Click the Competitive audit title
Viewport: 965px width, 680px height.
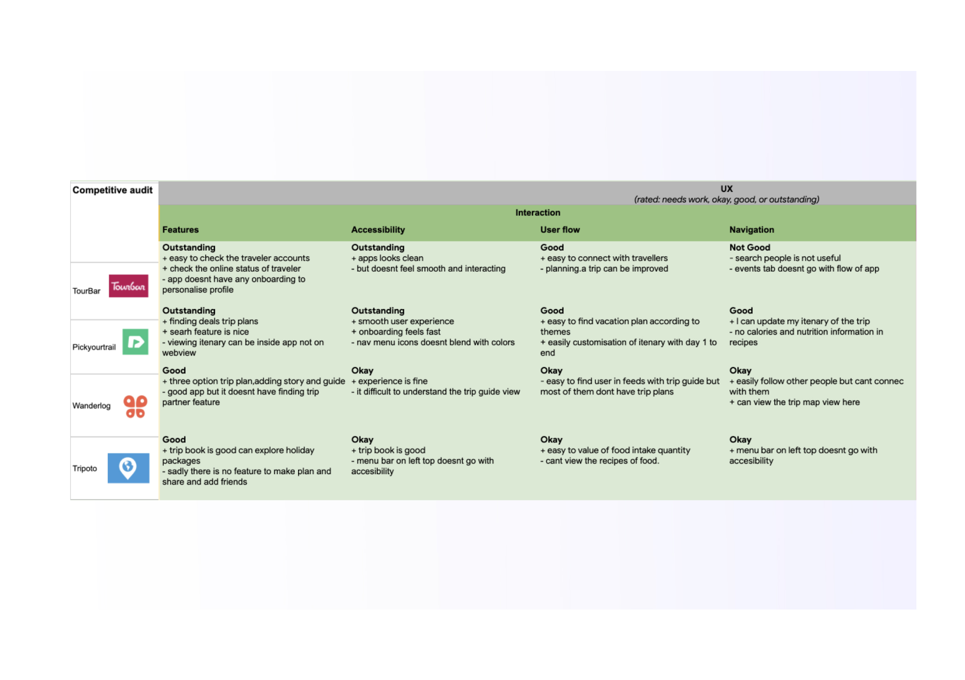point(112,190)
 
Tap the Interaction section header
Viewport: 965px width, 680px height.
point(537,212)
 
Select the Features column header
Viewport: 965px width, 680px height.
point(180,230)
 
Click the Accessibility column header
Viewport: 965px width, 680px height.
point(378,230)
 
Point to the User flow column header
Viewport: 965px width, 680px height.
point(560,230)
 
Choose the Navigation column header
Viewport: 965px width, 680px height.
point(751,230)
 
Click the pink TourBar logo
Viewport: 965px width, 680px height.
point(128,286)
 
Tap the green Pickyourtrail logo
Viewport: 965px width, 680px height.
point(135,342)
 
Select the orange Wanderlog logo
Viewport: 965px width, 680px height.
point(135,406)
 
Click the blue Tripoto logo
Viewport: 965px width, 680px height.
point(128,468)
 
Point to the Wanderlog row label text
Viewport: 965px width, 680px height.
point(91,406)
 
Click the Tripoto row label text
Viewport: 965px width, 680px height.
point(84,468)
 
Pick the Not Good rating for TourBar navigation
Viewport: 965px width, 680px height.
point(750,247)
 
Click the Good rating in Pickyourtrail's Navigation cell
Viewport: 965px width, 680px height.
point(741,310)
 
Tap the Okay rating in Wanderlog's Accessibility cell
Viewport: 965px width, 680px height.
point(362,371)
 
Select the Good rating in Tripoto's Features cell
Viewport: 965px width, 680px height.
point(174,440)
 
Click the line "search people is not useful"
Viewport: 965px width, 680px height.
point(787,258)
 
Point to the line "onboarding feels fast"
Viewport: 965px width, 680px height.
point(399,332)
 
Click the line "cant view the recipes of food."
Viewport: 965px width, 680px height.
point(602,461)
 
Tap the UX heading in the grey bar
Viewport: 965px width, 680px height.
point(726,189)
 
